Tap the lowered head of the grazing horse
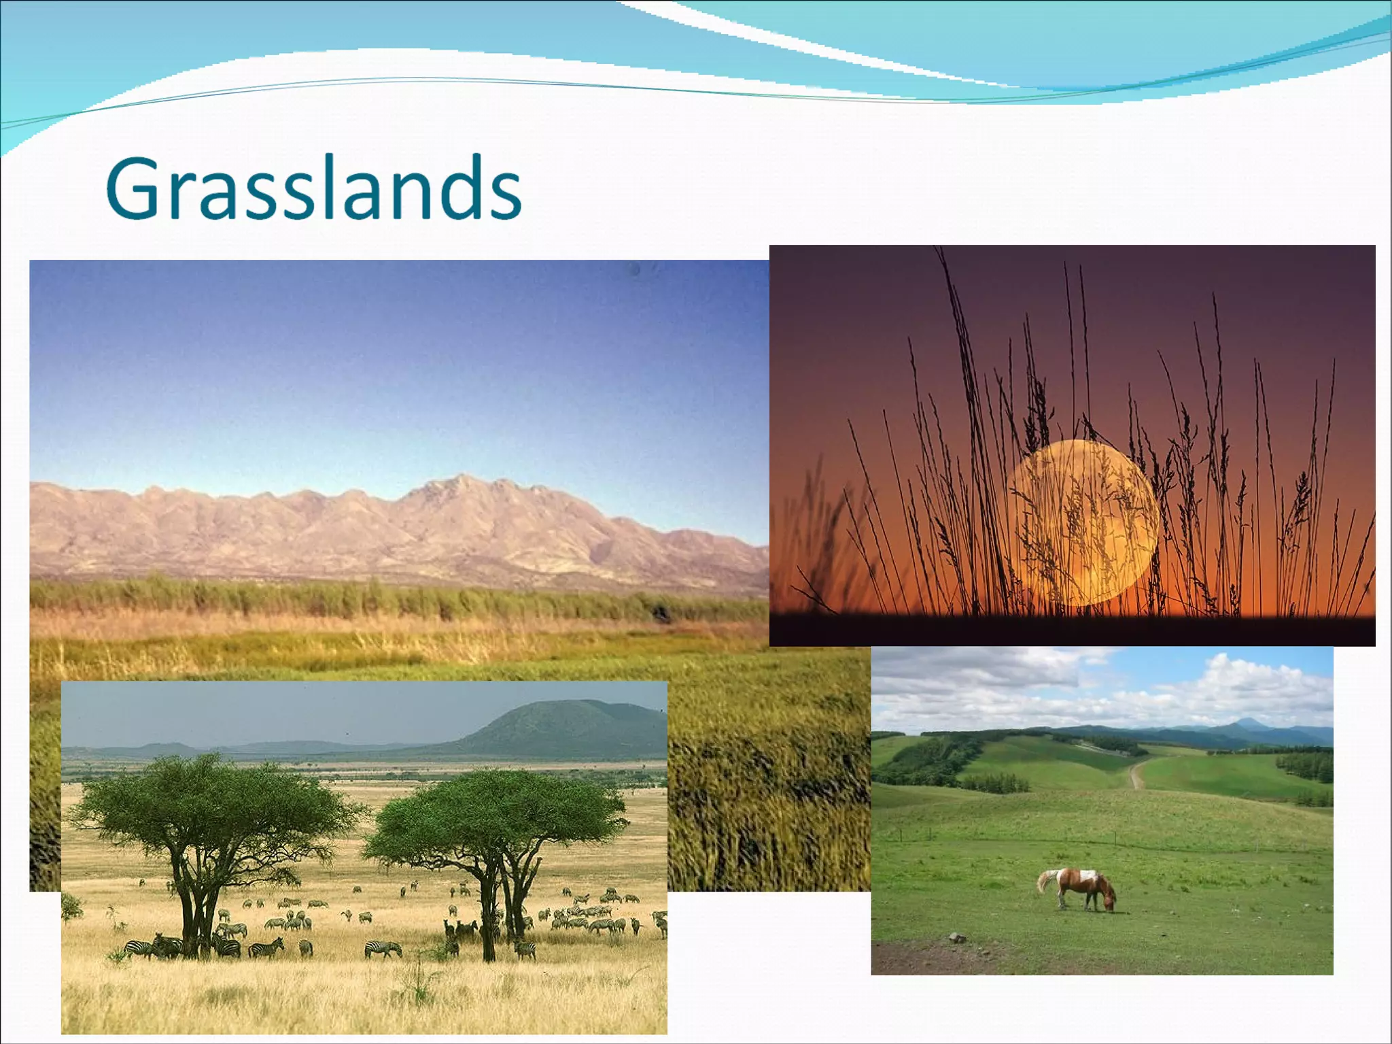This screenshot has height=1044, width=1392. coord(1109,903)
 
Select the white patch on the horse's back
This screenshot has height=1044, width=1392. coord(1085,875)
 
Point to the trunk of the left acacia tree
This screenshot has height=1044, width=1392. coord(194,911)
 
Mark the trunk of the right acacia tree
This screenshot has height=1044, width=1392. coord(489,911)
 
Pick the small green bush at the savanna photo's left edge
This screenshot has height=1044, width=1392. coord(71,908)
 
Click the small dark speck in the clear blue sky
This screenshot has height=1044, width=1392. coord(635,270)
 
